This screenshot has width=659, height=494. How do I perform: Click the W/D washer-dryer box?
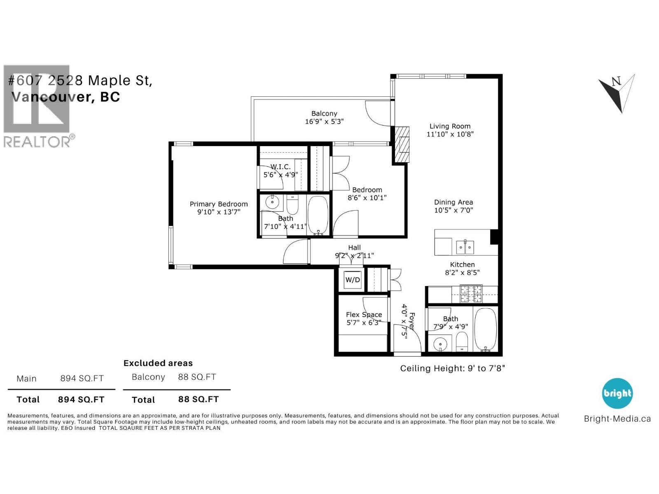tap(353, 280)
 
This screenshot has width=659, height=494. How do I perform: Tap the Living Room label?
tap(450, 126)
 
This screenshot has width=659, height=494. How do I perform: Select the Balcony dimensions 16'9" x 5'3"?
tap(324, 121)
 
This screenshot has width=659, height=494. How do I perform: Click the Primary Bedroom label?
tap(219, 204)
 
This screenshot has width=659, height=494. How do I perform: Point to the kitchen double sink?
tap(465, 247)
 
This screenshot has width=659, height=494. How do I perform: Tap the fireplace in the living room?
tap(402, 144)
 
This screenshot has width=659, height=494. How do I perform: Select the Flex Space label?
tap(364, 315)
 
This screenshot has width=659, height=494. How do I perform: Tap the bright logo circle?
tap(617, 394)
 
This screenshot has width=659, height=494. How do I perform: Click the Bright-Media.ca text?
tap(617, 419)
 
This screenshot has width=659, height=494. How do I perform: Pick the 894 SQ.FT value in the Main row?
tap(82, 378)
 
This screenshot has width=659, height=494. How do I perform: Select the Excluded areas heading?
tap(158, 363)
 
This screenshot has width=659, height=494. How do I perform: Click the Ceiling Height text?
tap(452, 368)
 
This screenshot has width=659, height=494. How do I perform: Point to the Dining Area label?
tap(453, 202)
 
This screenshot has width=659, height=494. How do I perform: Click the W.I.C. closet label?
tap(280, 167)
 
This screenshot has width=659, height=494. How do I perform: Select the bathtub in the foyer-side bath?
tap(486, 329)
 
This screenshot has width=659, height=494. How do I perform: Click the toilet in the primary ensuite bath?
tap(292, 205)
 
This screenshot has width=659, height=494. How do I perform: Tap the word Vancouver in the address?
tap(51, 97)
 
